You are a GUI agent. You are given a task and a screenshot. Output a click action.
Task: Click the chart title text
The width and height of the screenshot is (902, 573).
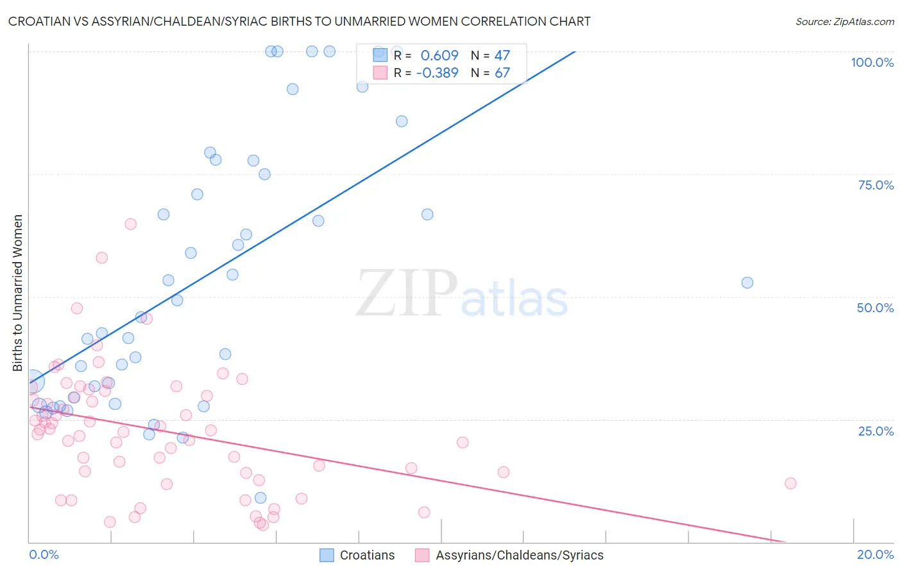pyautogui.click(x=299, y=21)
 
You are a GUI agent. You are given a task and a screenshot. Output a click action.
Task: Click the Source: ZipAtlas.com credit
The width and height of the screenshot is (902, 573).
pyautogui.click(x=844, y=21)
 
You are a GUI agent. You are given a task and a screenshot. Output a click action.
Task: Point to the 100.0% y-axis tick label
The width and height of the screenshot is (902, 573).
pyautogui.click(x=872, y=62)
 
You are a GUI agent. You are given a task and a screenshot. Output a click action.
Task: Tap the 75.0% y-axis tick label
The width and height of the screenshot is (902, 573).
pyautogui.click(x=876, y=185)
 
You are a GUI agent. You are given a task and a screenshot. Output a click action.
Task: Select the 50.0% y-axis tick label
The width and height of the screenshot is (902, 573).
pyautogui.click(x=875, y=308)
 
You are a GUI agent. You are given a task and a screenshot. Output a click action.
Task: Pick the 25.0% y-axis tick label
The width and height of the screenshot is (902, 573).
pyautogui.click(x=876, y=431)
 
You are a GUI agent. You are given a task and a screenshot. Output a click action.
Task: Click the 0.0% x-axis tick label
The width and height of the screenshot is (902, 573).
pyautogui.click(x=44, y=554)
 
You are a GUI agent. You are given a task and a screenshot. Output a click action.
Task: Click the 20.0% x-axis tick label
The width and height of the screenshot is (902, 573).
pyautogui.click(x=875, y=554)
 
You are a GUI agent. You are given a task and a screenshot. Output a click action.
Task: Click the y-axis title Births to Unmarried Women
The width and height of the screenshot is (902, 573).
pyautogui.click(x=17, y=293)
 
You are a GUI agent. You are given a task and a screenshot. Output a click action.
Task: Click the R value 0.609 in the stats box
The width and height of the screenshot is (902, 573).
pyautogui.click(x=439, y=56)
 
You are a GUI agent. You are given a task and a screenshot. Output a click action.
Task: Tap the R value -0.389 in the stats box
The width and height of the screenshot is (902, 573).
pyautogui.click(x=437, y=73)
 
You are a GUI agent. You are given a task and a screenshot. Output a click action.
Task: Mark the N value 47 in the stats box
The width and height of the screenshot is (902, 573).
pyautogui.click(x=502, y=56)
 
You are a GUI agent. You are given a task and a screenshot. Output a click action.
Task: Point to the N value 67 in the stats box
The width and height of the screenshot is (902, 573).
pyautogui.click(x=502, y=73)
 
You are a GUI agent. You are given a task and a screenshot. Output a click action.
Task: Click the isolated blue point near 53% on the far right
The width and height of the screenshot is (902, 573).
pyautogui.click(x=747, y=283)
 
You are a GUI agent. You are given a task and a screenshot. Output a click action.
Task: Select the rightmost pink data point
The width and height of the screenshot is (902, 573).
pyautogui.click(x=790, y=483)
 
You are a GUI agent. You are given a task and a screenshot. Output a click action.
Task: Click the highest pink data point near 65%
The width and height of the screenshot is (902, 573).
pyautogui.click(x=130, y=224)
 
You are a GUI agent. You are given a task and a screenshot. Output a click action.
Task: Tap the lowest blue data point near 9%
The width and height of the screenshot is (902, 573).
pyautogui.click(x=260, y=498)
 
